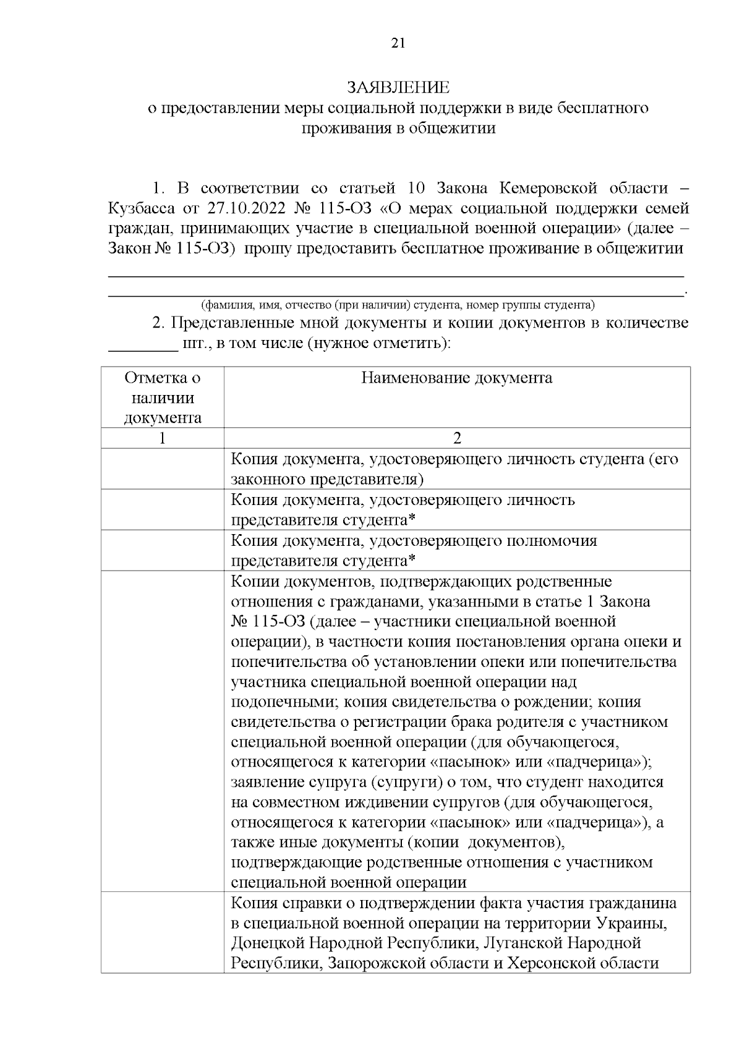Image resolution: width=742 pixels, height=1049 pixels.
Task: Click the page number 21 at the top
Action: pos(398,43)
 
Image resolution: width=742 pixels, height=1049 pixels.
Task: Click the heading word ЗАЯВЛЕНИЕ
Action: pos(398,87)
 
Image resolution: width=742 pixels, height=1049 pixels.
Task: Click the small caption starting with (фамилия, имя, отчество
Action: pos(398,305)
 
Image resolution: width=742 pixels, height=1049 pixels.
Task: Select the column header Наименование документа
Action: pos(456,378)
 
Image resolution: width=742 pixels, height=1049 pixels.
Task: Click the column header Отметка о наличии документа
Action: pos(163,397)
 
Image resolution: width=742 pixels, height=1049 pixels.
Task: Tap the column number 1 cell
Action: pos(163,438)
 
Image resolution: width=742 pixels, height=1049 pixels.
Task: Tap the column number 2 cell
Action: pos(456,438)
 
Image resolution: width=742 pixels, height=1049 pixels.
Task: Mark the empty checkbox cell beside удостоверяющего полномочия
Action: pos(163,550)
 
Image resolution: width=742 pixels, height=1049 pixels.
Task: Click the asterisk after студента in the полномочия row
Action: pos(412,559)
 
